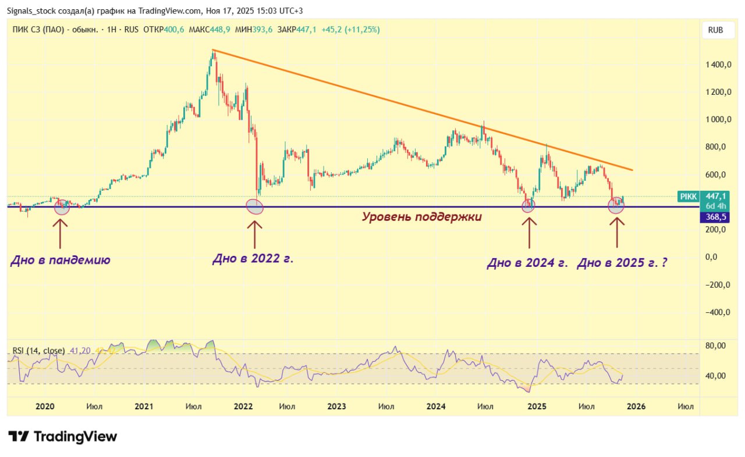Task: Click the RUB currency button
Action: pyautogui.click(x=715, y=30)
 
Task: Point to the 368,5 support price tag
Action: pyautogui.click(x=715, y=217)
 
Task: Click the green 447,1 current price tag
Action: pyautogui.click(x=715, y=197)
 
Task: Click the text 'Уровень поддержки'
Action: pyautogui.click(x=422, y=217)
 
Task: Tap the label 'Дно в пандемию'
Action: pyautogui.click(x=60, y=260)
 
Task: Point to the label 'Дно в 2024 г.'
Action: pyautogui.click(x=527, y=263)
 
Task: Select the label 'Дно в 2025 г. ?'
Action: pyautogui.click(x=622, y=263)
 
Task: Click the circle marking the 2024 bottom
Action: pyautogui.click(x=528, y=205)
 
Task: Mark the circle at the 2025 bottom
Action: pyautogui.click(x=616, y=205)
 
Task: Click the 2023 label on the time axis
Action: pyautogui.click(x=336, y=406)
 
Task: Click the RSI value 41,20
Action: pyautogui.click(x=80, y=351)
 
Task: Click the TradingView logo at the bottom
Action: pyautogui.click(x=63, y=436)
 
